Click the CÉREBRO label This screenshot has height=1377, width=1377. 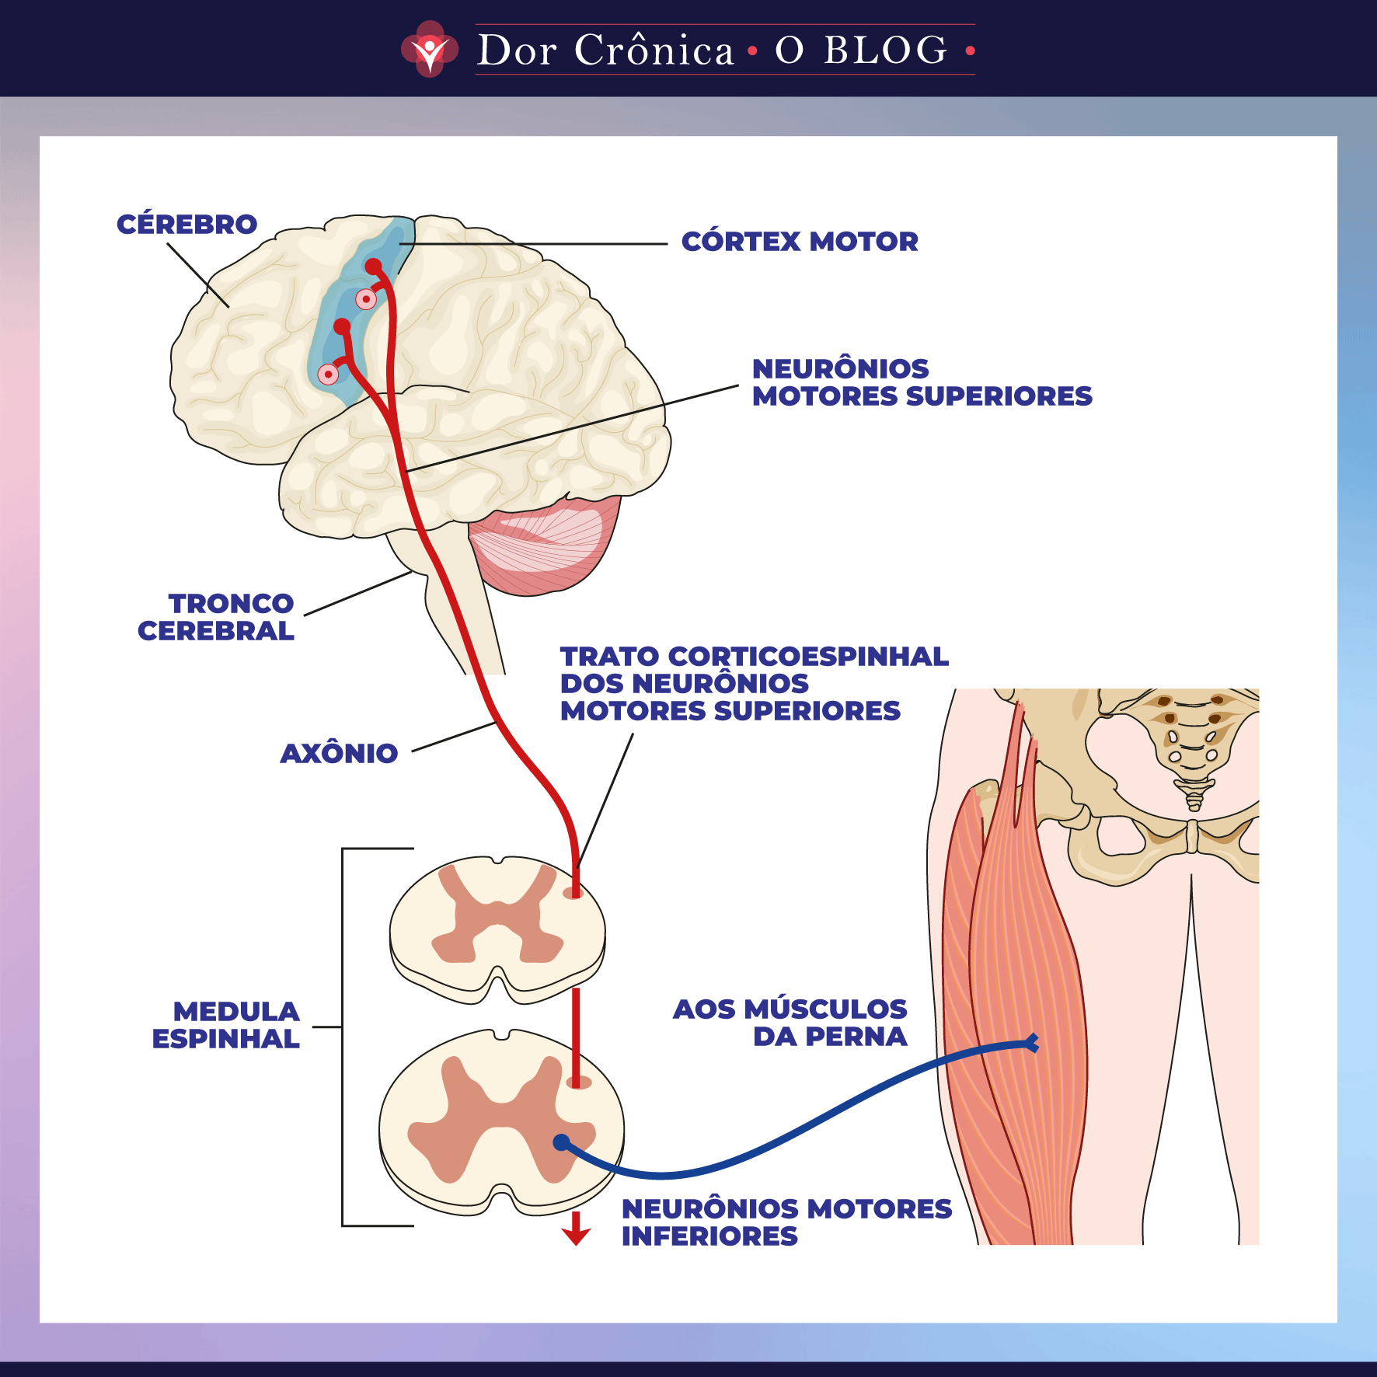pos(187,225)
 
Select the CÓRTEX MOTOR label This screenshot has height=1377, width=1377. pos(800,242)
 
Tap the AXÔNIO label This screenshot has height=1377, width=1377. pos(339,753)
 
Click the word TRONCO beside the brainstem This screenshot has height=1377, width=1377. pos(231,604)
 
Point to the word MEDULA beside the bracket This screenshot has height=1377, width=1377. pos(236,1012)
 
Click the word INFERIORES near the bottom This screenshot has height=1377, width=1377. pos(709,1236)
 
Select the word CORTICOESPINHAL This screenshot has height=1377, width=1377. pos(808,657)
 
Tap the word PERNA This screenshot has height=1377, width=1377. pos(856,1037)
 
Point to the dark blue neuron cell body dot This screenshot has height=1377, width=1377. pos(561,1142)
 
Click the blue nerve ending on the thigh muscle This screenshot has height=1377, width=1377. pos(1032,1043)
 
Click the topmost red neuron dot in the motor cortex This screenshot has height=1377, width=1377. pos(374,266)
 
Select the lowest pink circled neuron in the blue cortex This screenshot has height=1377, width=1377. pos(329,375)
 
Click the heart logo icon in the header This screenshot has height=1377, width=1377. pos(430,49)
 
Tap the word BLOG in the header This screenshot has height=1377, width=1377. pos(886,51)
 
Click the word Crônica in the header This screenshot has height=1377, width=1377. pos(654,51)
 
